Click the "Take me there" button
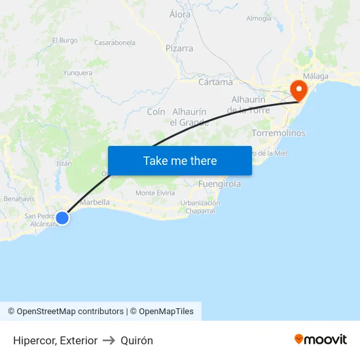pyautogui.click(x=180, y=160)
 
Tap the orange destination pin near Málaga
pyautogui.click(x=298, y=90)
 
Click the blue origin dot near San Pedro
pyautogui.click(x=62, y=218)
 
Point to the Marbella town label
pyautogui.click(x=94, y=202)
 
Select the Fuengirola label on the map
pyautogui.click(x=219, y=184)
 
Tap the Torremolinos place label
pyautogui.click(x=278, y=133)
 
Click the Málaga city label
pyautogui.click(x=315, y=77)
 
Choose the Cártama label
pyautogui.click(x=215, y=82)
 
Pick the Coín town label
pyautogui.click(x=156, y=112)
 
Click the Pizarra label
pyautogui.click(x=179, y=48)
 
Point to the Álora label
pyautogui.click(x=180, y=14)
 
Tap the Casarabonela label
pyautogui.click(x=115, y=43)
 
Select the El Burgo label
pyautogui.click(x=65, y=40)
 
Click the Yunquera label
pyautogui.click(x=78, y=73)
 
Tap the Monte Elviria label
pyautogui.click(x=155, y=193)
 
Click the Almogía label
pyautogui.click(x=259, y=18)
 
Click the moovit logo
pyautogui.click(x=321, y=339)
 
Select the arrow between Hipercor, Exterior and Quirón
pyautogui.click(x=109, y=340)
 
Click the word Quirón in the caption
pyautogui.click(x=136, y=340)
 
